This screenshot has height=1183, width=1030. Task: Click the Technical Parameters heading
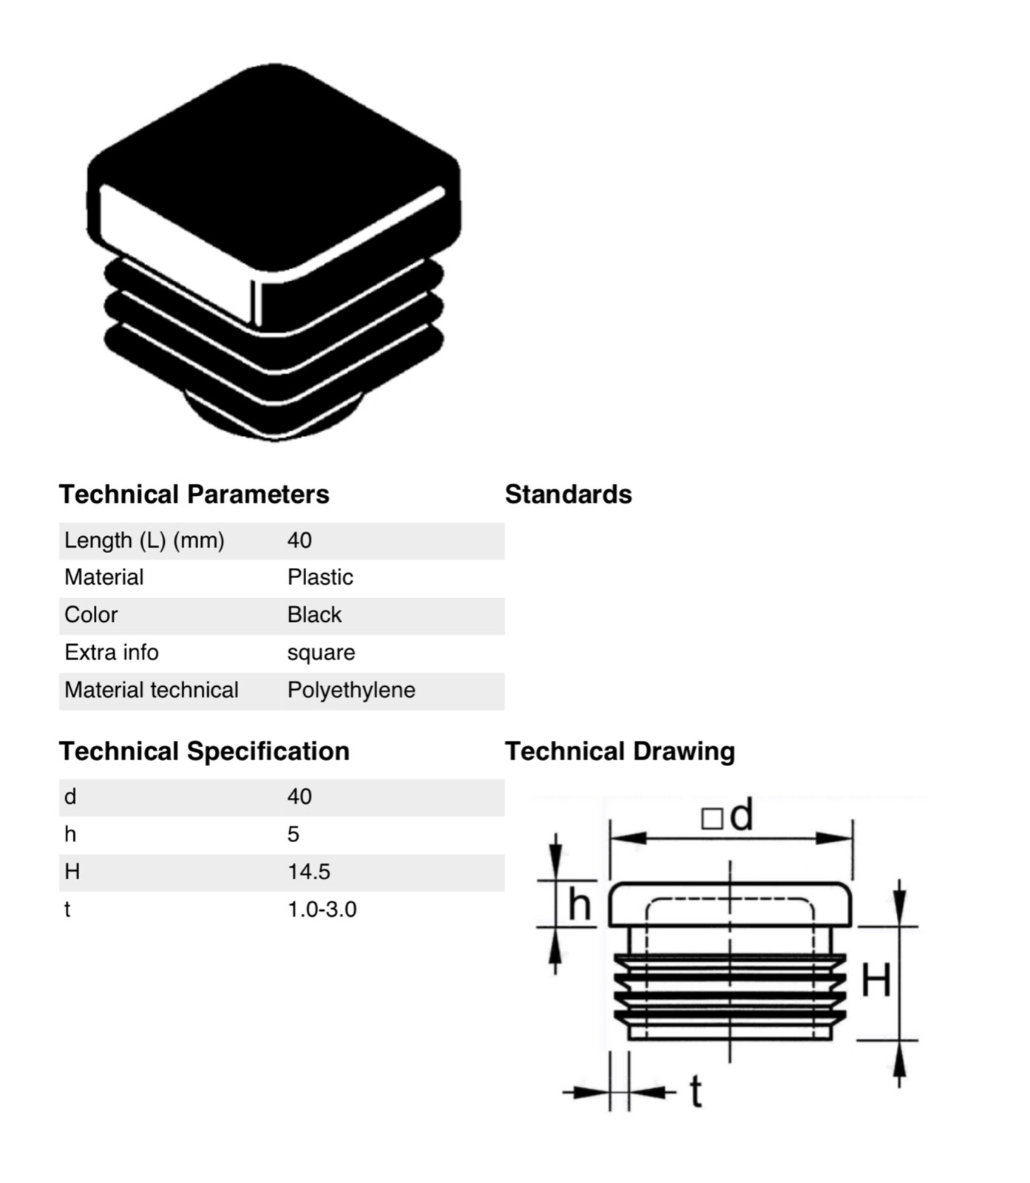point(194,494)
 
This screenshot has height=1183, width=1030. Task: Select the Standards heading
point(568,494)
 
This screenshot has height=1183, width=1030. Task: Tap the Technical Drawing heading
point(620,751)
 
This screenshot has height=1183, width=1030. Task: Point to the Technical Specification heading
point(204,751)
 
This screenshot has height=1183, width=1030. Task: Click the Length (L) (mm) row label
point(144,540)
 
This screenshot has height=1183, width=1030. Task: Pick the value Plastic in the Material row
point(320,577)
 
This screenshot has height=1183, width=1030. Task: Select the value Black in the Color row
point(314,615)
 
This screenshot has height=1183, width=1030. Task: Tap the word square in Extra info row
point(321,653)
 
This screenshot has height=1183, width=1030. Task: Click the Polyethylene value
point(351,691)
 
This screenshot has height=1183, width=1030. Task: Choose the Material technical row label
point(152,691)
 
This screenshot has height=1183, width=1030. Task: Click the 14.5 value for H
point(308,872)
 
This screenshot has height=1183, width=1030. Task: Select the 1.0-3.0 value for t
point(322,909)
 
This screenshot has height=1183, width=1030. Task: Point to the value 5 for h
point(293,835)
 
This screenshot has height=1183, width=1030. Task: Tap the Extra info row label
point(112,653)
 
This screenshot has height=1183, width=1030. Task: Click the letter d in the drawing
point(741,815)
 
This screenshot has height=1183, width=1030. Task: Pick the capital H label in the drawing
point(876,980)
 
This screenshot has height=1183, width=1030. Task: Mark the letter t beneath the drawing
point(695,1091)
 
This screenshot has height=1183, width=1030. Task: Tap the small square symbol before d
point(711,818)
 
